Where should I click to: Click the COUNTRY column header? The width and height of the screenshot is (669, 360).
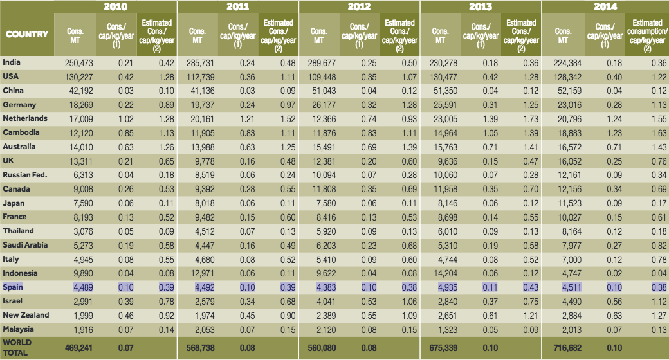coord(27,33)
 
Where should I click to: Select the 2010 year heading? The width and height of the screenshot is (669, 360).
coord(115,6)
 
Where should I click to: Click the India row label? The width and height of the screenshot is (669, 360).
coord(11,62)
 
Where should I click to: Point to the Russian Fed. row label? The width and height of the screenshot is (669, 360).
coord(25,175)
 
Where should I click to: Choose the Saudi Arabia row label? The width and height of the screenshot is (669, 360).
coord(24,244)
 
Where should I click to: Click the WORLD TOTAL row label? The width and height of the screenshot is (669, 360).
coord(17,347)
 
